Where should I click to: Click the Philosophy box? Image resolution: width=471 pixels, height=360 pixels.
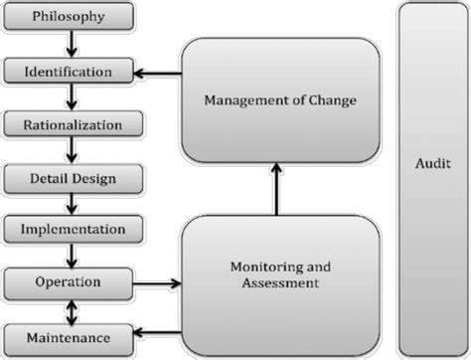69,17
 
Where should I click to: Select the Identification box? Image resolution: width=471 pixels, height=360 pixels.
69,72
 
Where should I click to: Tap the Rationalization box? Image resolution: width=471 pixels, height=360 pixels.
69,125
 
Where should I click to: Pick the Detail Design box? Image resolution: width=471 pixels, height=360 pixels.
69,179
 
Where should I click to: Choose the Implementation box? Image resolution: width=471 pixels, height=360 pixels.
69,229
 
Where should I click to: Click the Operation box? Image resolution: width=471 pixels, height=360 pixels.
69,281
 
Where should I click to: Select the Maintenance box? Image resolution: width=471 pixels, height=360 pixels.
69,334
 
